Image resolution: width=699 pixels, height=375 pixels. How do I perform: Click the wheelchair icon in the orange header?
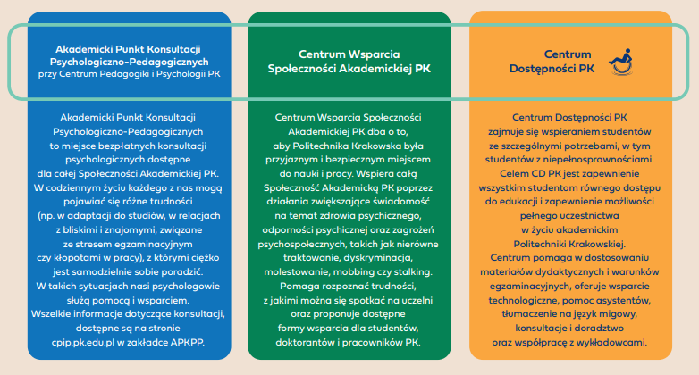click(619, 61)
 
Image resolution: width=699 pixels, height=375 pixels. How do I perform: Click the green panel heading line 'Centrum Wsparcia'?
click(349, 53)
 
